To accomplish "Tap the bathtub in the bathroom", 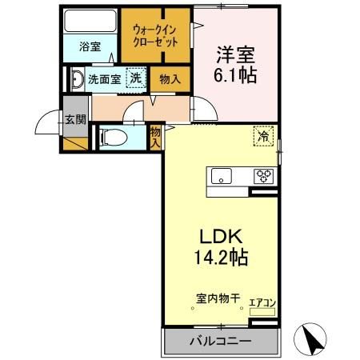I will pos(90,22).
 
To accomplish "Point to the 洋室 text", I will pos(234,56).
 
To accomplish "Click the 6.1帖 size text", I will pos(234,78).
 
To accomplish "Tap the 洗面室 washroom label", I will pos(104,79).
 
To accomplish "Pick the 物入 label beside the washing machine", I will pos(169,79).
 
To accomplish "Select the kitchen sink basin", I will pos(219,176).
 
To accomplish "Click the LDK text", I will pos(220,237).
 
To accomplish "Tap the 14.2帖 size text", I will pos(220,258).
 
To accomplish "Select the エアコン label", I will pos(263,302).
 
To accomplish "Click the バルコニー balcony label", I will pos(220,342).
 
